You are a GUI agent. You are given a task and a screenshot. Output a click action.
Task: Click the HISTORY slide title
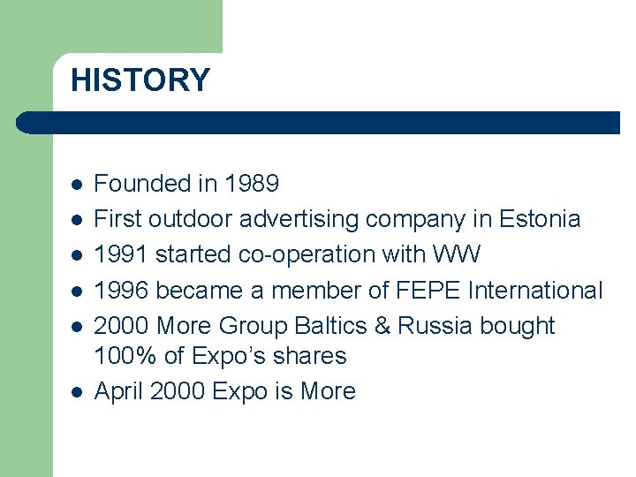pos(140,80)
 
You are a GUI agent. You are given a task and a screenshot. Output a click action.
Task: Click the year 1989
pos(252,184)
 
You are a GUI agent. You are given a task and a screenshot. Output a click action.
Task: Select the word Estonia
pos(540,219)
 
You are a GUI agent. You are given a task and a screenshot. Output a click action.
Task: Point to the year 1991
pos(121,254)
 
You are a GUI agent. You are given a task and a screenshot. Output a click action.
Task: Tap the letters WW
pos(457,254)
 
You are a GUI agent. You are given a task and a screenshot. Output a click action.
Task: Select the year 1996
pos(121,290)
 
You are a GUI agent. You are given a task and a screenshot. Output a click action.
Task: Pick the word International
pos(535,290)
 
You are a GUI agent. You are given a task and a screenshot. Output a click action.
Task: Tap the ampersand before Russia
pos(382,325)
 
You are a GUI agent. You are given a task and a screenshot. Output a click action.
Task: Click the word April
pos(119,391)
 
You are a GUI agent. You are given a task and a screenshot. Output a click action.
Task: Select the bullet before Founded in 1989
pos(77,185)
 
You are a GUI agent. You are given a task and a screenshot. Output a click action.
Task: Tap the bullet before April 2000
pos(77,392)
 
